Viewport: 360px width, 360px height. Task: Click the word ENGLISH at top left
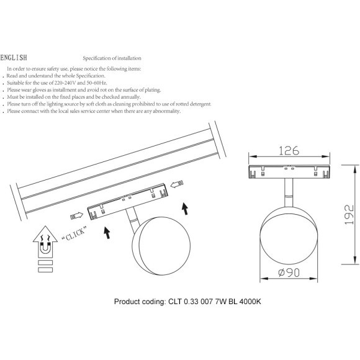pos(14,58)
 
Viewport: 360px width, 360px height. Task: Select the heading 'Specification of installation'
pos(112,58)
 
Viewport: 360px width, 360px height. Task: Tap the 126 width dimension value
pos(289,151)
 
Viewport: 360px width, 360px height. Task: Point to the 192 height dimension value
pos(349,214)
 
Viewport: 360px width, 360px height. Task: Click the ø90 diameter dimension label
pos(289,272)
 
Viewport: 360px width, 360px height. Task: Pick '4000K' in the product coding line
pos(250,302)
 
